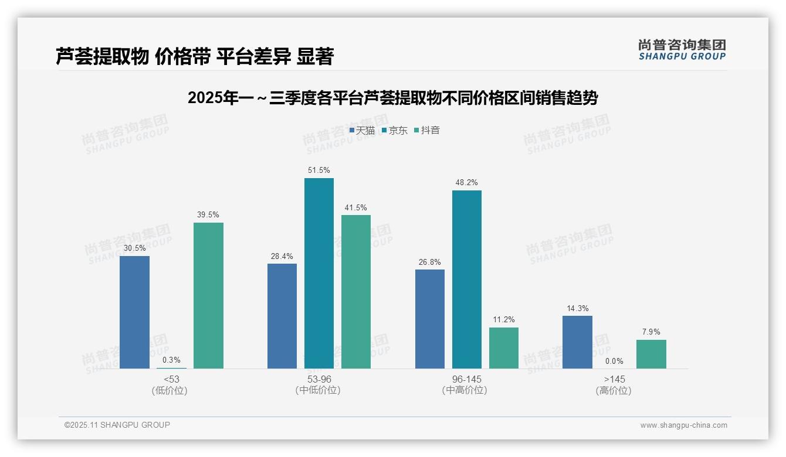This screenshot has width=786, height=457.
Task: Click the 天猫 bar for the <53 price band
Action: [134, 312]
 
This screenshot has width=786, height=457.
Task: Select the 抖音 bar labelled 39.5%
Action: [208, 295]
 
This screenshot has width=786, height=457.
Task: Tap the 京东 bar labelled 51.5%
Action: [319, 273]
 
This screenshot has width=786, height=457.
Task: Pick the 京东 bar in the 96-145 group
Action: [466, 279]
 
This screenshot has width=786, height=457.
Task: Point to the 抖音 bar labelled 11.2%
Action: [504, 348]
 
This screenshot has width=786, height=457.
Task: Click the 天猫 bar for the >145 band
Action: [577, 342]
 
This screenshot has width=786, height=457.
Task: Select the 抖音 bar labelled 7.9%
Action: [651, 354]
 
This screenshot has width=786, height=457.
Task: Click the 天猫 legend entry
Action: [362, 131]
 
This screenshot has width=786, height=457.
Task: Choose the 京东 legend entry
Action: [394, 131]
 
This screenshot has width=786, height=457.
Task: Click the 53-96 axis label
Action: [319, 380]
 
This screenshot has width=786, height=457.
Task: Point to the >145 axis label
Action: [614, 380]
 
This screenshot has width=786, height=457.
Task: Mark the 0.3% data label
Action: [171, 360]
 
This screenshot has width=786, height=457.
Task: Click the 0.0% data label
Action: [614, 361]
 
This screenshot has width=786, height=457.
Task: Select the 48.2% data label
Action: [466, 183]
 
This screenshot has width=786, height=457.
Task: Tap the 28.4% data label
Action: [282, 256]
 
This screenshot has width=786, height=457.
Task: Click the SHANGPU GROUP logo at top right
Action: [682, 50]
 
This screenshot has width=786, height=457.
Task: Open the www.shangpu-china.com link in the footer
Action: [683, 425]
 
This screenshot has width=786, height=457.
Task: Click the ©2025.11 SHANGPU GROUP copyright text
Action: [117, 425]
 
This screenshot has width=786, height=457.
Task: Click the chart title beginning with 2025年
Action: [392, 98]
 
